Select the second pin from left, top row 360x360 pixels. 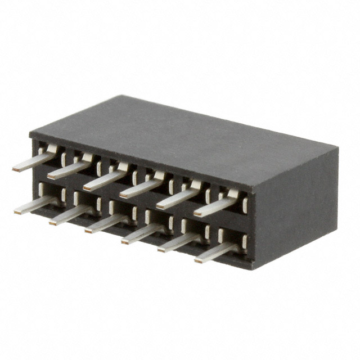pyautogui.click(x=69, y=169)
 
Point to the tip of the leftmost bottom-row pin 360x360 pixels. pyautogui.click(x=17, y=212)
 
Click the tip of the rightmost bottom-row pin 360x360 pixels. pyautogui.click(x=197, y=260)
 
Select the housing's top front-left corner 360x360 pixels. pyautogui.click(x=30, y=135)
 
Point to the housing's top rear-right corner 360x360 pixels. pyautogui.click(x=338, y=147)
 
